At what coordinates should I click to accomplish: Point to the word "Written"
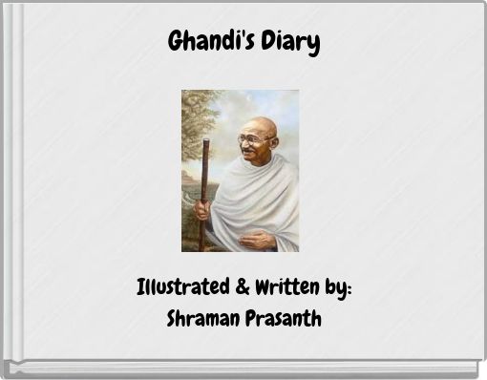pos(286,287)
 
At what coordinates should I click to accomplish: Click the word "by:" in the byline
pos(339,288)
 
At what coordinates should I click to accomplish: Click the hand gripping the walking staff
pos(202,208)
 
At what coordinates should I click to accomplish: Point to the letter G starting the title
pos(176,43)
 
